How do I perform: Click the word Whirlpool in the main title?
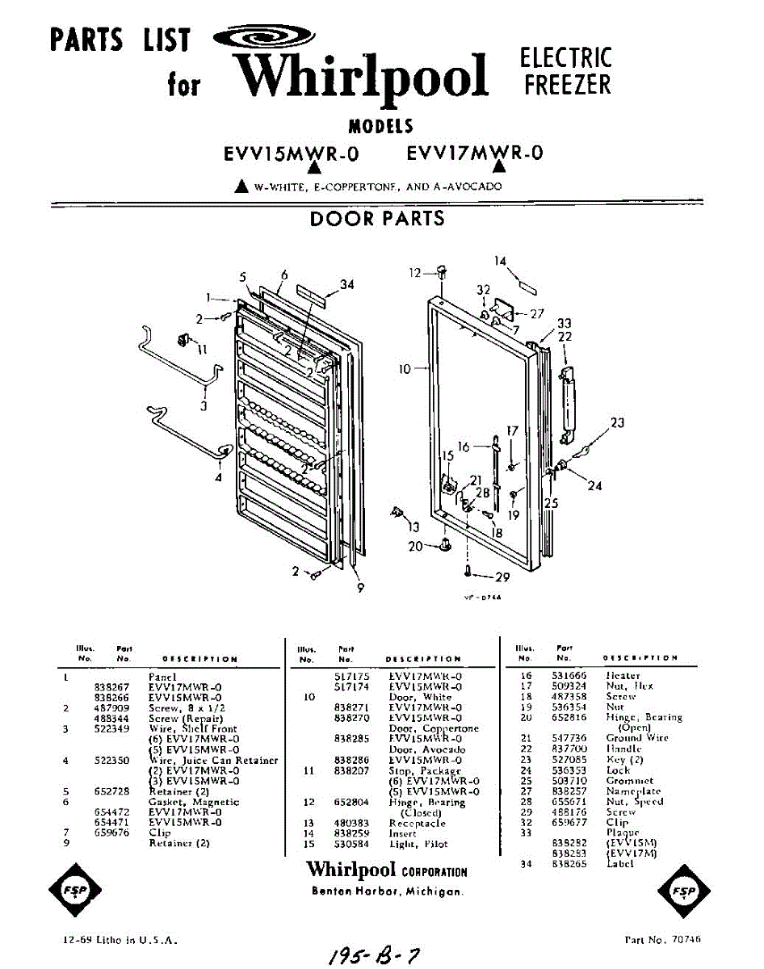tap(363, 77)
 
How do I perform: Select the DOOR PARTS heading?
tap(377, 218)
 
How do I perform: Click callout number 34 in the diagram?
tap(346, 284)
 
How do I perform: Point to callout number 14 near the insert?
tap(501, 261)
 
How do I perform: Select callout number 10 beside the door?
tap(405, 369)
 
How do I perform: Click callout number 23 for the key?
tap(618, 422)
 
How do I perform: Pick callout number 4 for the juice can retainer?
tap(218, 477)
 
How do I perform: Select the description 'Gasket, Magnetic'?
tap(194, 802)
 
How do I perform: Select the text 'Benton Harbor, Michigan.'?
tap(388, 891)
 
